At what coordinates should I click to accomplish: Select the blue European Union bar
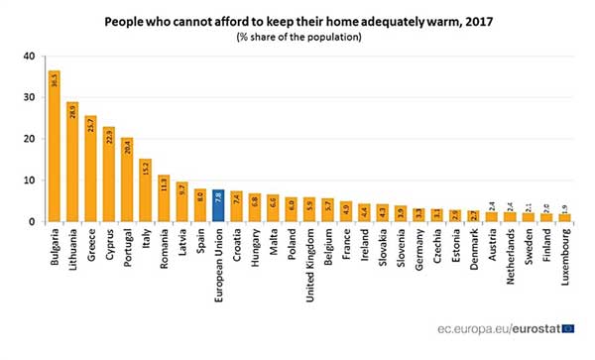(x=219, y=205)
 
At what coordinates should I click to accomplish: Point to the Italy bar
(x=146, y=190)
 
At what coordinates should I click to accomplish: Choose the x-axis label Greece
(x=90, y=244)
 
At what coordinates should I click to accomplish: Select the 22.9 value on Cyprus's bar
(x=108, y=137)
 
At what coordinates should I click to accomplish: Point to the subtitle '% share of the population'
(x=297, y=37)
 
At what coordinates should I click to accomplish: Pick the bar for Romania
(x=164, y=198)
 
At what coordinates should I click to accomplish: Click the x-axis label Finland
(x=546, y=245)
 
